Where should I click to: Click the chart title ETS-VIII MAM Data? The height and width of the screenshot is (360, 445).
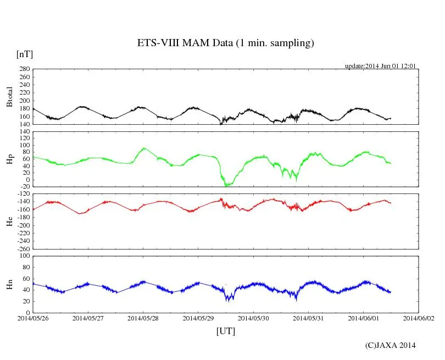(225, 43)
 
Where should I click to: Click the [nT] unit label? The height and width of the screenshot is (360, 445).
(25, 54)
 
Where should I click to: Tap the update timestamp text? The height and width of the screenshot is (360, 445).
(380, 66)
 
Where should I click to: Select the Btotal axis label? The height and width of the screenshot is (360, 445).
(9, 97)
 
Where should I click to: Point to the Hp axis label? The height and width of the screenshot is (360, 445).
(9, 159)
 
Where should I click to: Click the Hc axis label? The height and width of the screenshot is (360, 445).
(9, 221)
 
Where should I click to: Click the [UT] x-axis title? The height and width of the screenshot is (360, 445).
(226, 331)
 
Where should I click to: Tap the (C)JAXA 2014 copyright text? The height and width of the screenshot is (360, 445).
(390, 345)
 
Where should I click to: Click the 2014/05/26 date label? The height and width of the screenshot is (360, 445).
(33, 318)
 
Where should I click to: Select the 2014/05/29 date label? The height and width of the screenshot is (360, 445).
(198, 318)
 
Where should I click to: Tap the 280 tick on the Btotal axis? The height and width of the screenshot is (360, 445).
(24, 69)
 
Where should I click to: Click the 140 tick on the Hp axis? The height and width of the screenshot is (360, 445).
(24, 131)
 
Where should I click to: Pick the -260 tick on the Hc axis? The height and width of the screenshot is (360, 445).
(23, 248)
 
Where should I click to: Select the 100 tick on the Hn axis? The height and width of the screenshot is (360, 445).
(24, 256)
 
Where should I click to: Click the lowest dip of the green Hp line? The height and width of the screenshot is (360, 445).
(226, 186)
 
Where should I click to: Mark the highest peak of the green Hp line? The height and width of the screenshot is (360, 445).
(144, 148)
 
